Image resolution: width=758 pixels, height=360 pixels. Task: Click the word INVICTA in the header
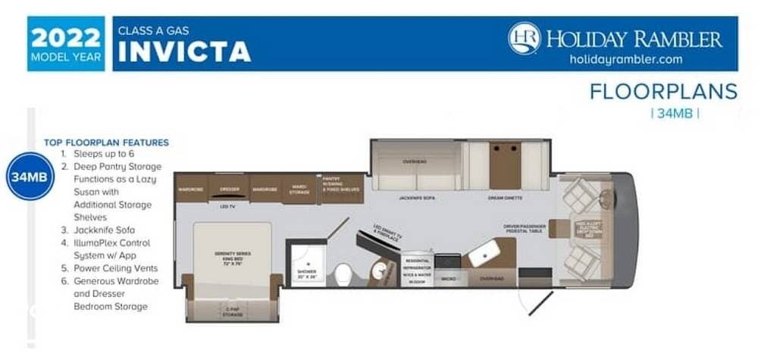184,52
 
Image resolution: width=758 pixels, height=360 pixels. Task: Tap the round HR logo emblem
525,38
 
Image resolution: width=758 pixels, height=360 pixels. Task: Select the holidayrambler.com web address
626,59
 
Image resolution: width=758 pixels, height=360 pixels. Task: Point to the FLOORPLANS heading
663,92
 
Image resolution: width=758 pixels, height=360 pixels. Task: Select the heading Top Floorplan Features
106,142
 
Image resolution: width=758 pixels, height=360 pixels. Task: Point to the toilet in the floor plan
343,271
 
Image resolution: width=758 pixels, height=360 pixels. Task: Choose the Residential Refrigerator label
417,265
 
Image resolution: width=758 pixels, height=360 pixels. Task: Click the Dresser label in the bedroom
229,188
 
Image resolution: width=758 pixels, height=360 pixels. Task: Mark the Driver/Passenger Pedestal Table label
525,227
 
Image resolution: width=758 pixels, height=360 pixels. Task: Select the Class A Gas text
152,31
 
